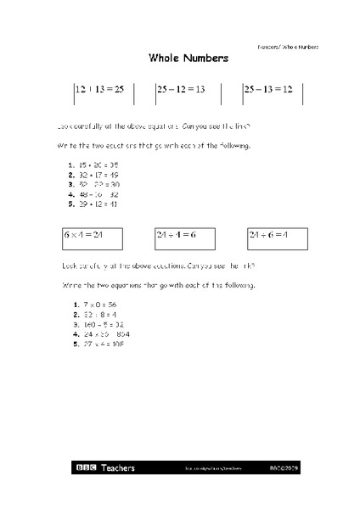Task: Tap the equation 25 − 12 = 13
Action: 180,89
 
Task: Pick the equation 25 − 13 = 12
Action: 267,89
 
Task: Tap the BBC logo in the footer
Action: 86,467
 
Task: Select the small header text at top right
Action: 288,46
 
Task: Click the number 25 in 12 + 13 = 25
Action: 118,89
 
